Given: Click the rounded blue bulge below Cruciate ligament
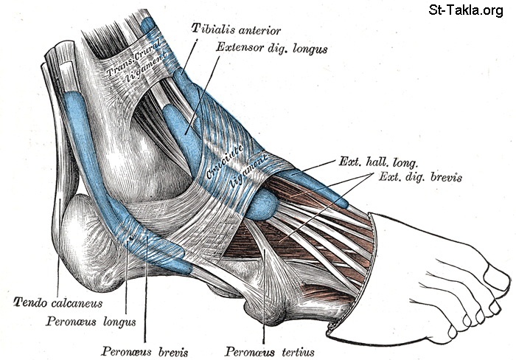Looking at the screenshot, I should pos(260,207).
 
